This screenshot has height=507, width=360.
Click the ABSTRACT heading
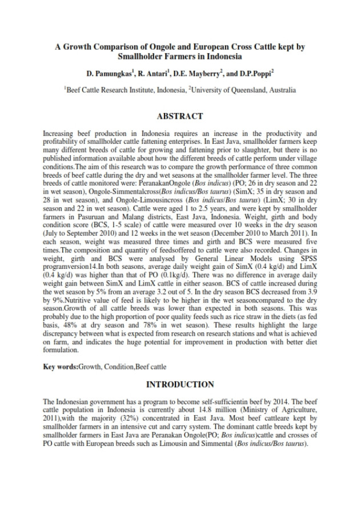[180, 116]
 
